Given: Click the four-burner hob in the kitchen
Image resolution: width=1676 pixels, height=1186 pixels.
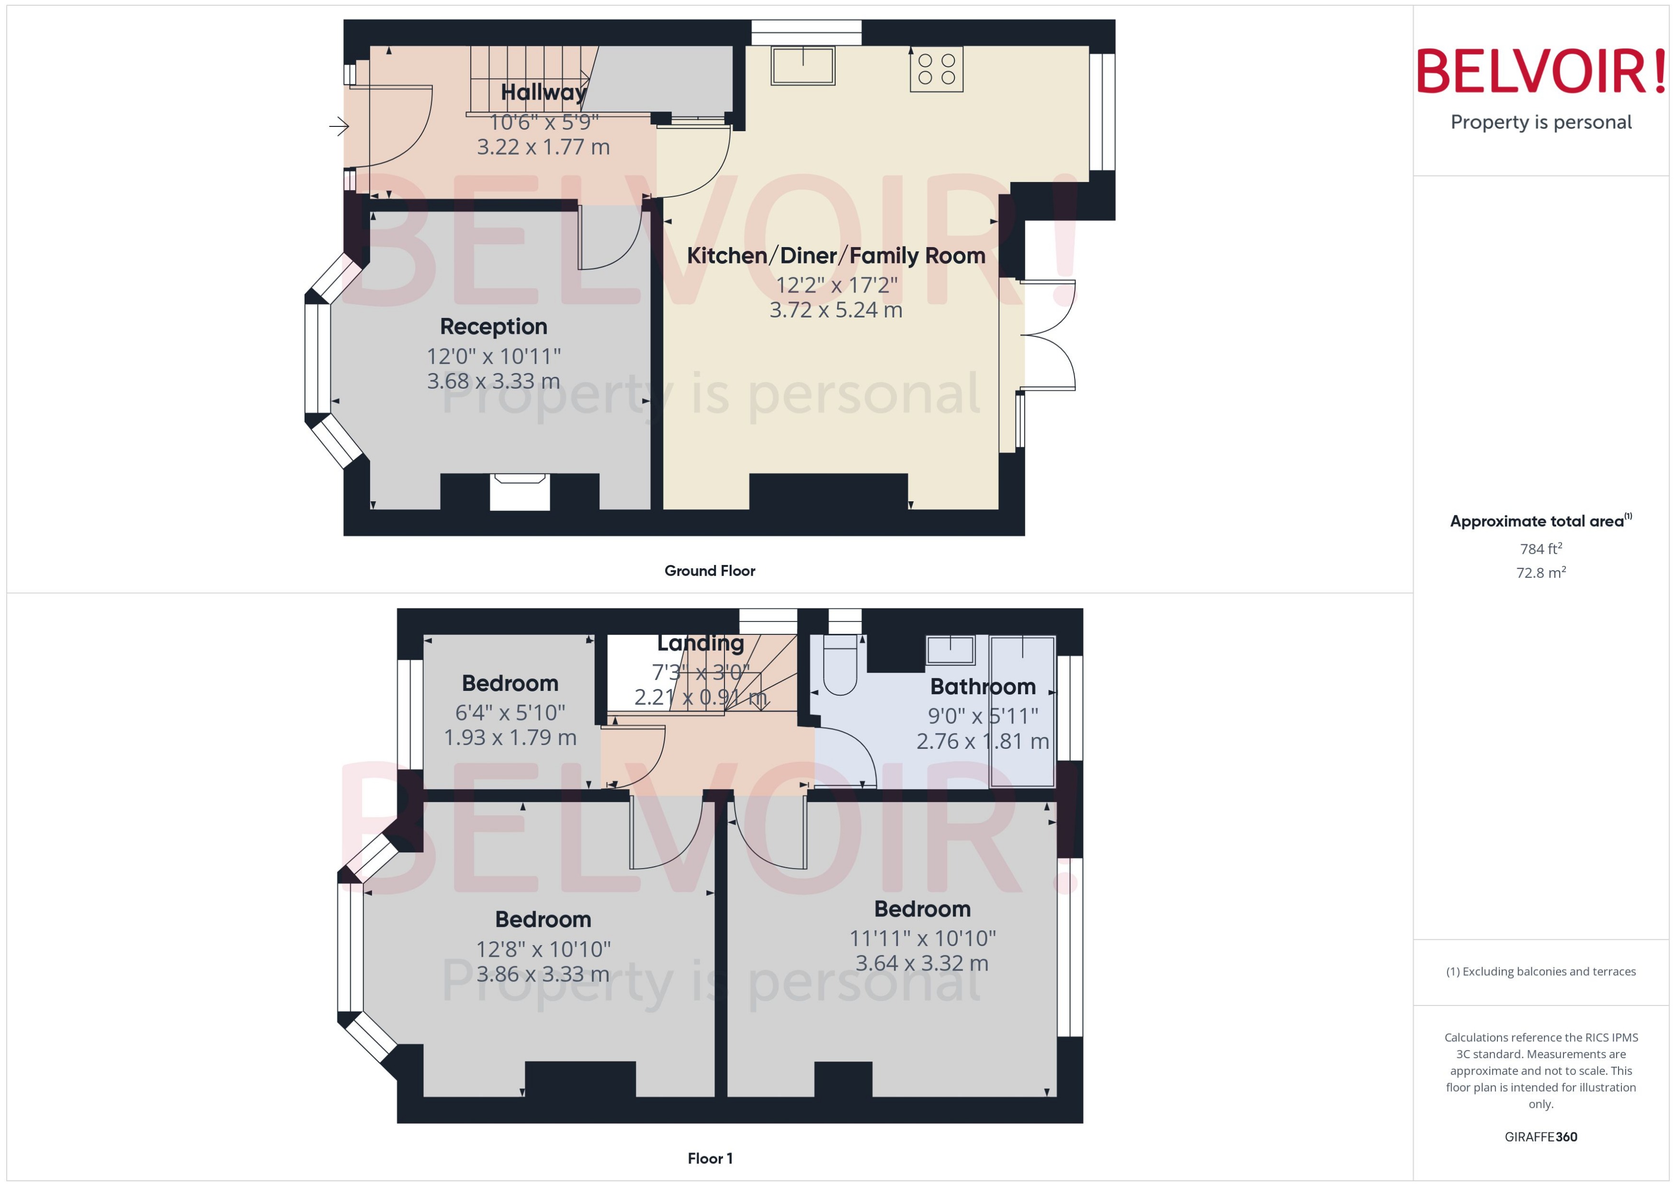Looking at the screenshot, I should [x=936, y=69].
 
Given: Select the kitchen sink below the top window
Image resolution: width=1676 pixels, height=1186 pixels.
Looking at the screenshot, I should [x=803, y=66].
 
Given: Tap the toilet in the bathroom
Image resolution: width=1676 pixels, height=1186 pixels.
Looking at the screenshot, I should [x=840, y=666].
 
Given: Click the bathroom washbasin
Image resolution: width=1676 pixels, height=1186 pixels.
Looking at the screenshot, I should [x=950, y=649].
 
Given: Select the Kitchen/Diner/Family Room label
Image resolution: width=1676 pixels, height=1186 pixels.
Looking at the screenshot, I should [x=836, y=256].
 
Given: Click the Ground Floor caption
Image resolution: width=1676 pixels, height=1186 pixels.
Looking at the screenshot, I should [x=709, y=571].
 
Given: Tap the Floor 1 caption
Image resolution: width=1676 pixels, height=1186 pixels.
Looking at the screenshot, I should [x=709, y=1158].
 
